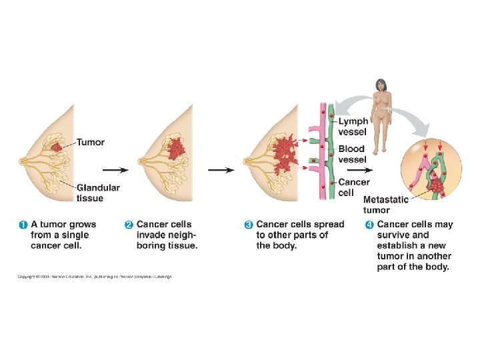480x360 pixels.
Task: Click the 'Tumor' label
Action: (91, 142)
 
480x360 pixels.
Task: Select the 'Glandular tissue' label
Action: (98, 193)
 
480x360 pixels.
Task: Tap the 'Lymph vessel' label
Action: (353, 127)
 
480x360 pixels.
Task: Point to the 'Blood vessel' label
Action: (351, 154)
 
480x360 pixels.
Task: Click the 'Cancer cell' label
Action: (353, 187)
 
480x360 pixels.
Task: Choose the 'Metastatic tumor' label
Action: (386, 205)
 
